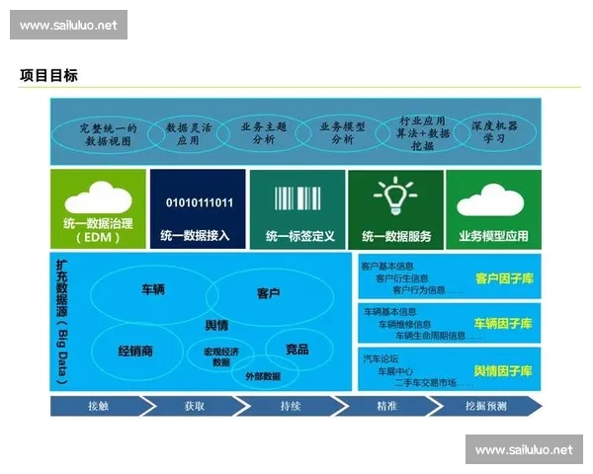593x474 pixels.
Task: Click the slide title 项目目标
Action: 48,75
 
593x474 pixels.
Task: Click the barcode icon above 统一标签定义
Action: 299,197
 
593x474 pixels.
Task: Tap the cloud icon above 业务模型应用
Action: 493,197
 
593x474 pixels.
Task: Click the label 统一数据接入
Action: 199,237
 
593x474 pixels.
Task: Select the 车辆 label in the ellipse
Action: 152,290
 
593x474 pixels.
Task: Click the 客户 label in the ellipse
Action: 268,293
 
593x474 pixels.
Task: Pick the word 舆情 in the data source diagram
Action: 216,325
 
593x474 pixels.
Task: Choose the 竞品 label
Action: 296,350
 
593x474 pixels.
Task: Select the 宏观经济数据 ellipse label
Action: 222,355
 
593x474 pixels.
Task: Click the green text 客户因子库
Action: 503,279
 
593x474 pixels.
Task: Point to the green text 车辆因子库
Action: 503,324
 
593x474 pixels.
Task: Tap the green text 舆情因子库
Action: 503,370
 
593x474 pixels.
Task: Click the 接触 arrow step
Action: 99,406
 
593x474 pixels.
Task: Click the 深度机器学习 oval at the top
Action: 494,133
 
